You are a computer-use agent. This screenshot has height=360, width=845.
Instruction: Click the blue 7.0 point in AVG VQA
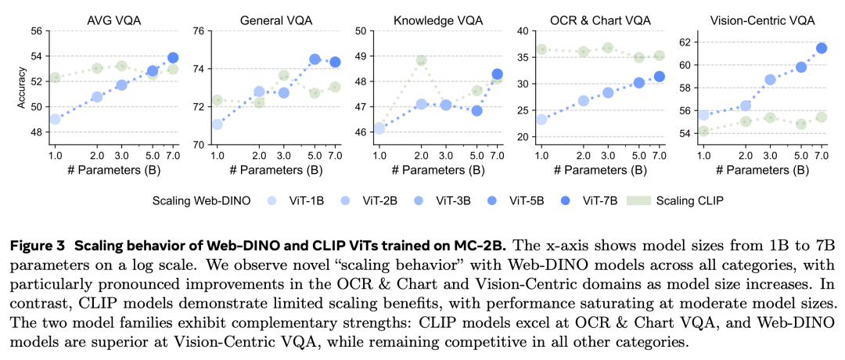tap(173, 57)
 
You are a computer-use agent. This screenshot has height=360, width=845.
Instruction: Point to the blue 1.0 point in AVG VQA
tap(55, 119)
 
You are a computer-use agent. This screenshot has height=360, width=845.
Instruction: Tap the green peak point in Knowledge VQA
tap(422, 60)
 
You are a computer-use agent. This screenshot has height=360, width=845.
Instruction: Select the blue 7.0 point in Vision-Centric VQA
tap(822, 48)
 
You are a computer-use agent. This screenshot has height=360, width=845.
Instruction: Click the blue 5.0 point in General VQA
tap(315, 59)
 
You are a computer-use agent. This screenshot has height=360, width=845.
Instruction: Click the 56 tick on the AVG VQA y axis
tap(37, 31)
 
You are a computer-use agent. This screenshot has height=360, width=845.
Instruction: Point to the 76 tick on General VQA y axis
tap(199, 31)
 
